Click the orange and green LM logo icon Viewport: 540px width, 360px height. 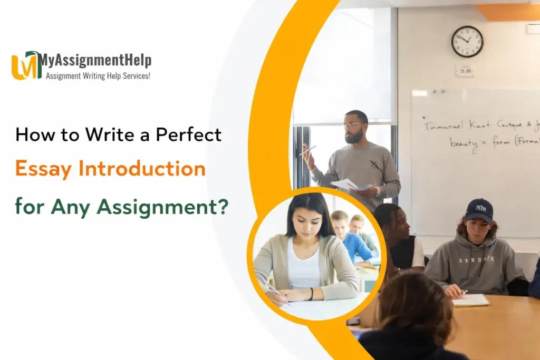click(26, 65)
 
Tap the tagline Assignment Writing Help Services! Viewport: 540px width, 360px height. click(98, 75)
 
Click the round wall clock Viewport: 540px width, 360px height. click(467, 42)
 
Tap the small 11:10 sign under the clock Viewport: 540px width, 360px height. click(465, 71)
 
